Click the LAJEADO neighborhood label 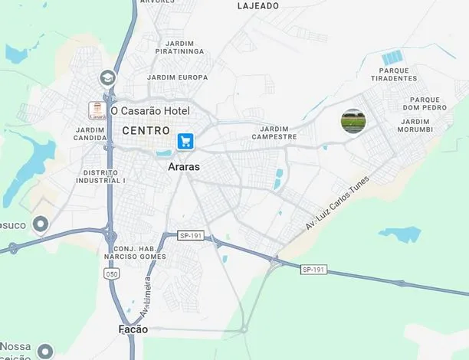coord(258,5)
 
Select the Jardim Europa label coord(178,77)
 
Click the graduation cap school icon coord(107,77)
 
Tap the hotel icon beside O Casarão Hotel coord(97,111)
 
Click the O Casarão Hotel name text coord(150,111)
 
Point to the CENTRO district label coord(146,131)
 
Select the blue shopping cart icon coord(185,141)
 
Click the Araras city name coord(184,165)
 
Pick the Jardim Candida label coord(90,133)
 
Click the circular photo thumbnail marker coord(353,121)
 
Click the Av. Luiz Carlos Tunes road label coord(337,203)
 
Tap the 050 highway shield coord(113,273)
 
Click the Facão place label coord(133,330)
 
